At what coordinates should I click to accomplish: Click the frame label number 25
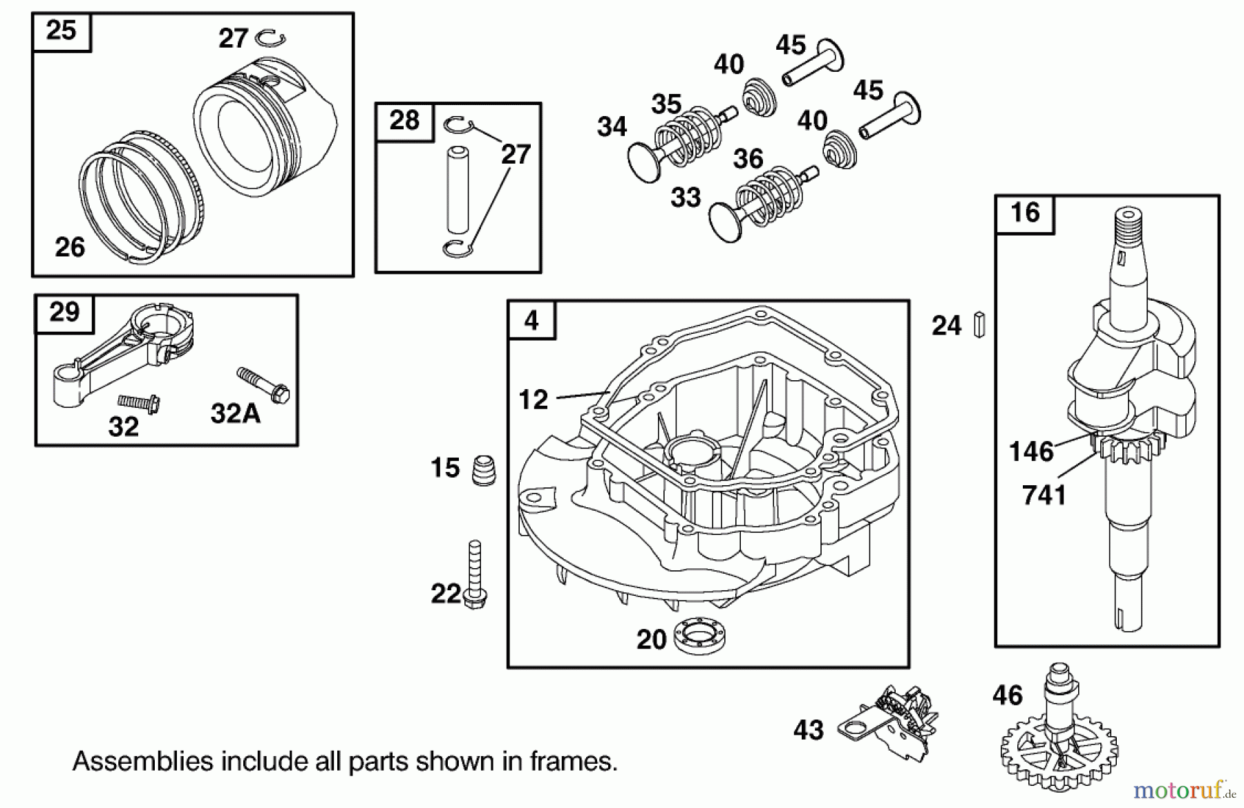coord(61,31)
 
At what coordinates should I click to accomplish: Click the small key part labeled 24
coord(979,324)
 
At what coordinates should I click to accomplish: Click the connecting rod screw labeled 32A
coord(264,384)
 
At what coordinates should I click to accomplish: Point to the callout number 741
coord(1044,495)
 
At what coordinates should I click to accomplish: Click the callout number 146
coord(1030,451)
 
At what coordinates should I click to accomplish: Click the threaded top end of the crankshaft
coord(1126,225)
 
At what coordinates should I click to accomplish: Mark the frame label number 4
coord(531,321)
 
